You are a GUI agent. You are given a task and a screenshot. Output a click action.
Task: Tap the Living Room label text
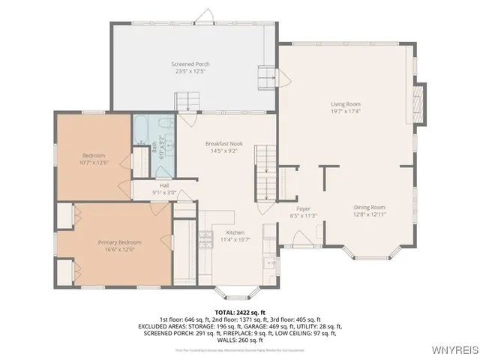pyautogui.click(x=346, y=104)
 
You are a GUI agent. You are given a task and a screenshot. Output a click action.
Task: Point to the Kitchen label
pyautogui.click(x=235, y=232)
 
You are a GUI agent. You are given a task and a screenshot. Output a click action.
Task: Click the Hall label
pyautogui.click(x=163, y=185)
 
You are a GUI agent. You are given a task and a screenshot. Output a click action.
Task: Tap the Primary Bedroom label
pyautogui.click(x=119, y=242)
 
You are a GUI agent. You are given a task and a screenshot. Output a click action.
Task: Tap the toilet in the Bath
pyautogui.click(x=169, y=124)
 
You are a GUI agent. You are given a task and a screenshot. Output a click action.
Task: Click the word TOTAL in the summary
pyautogui.click(x=224, y=312)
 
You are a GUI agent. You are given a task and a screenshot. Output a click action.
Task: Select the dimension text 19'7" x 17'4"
pyautogui.click(x=346, y=111)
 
